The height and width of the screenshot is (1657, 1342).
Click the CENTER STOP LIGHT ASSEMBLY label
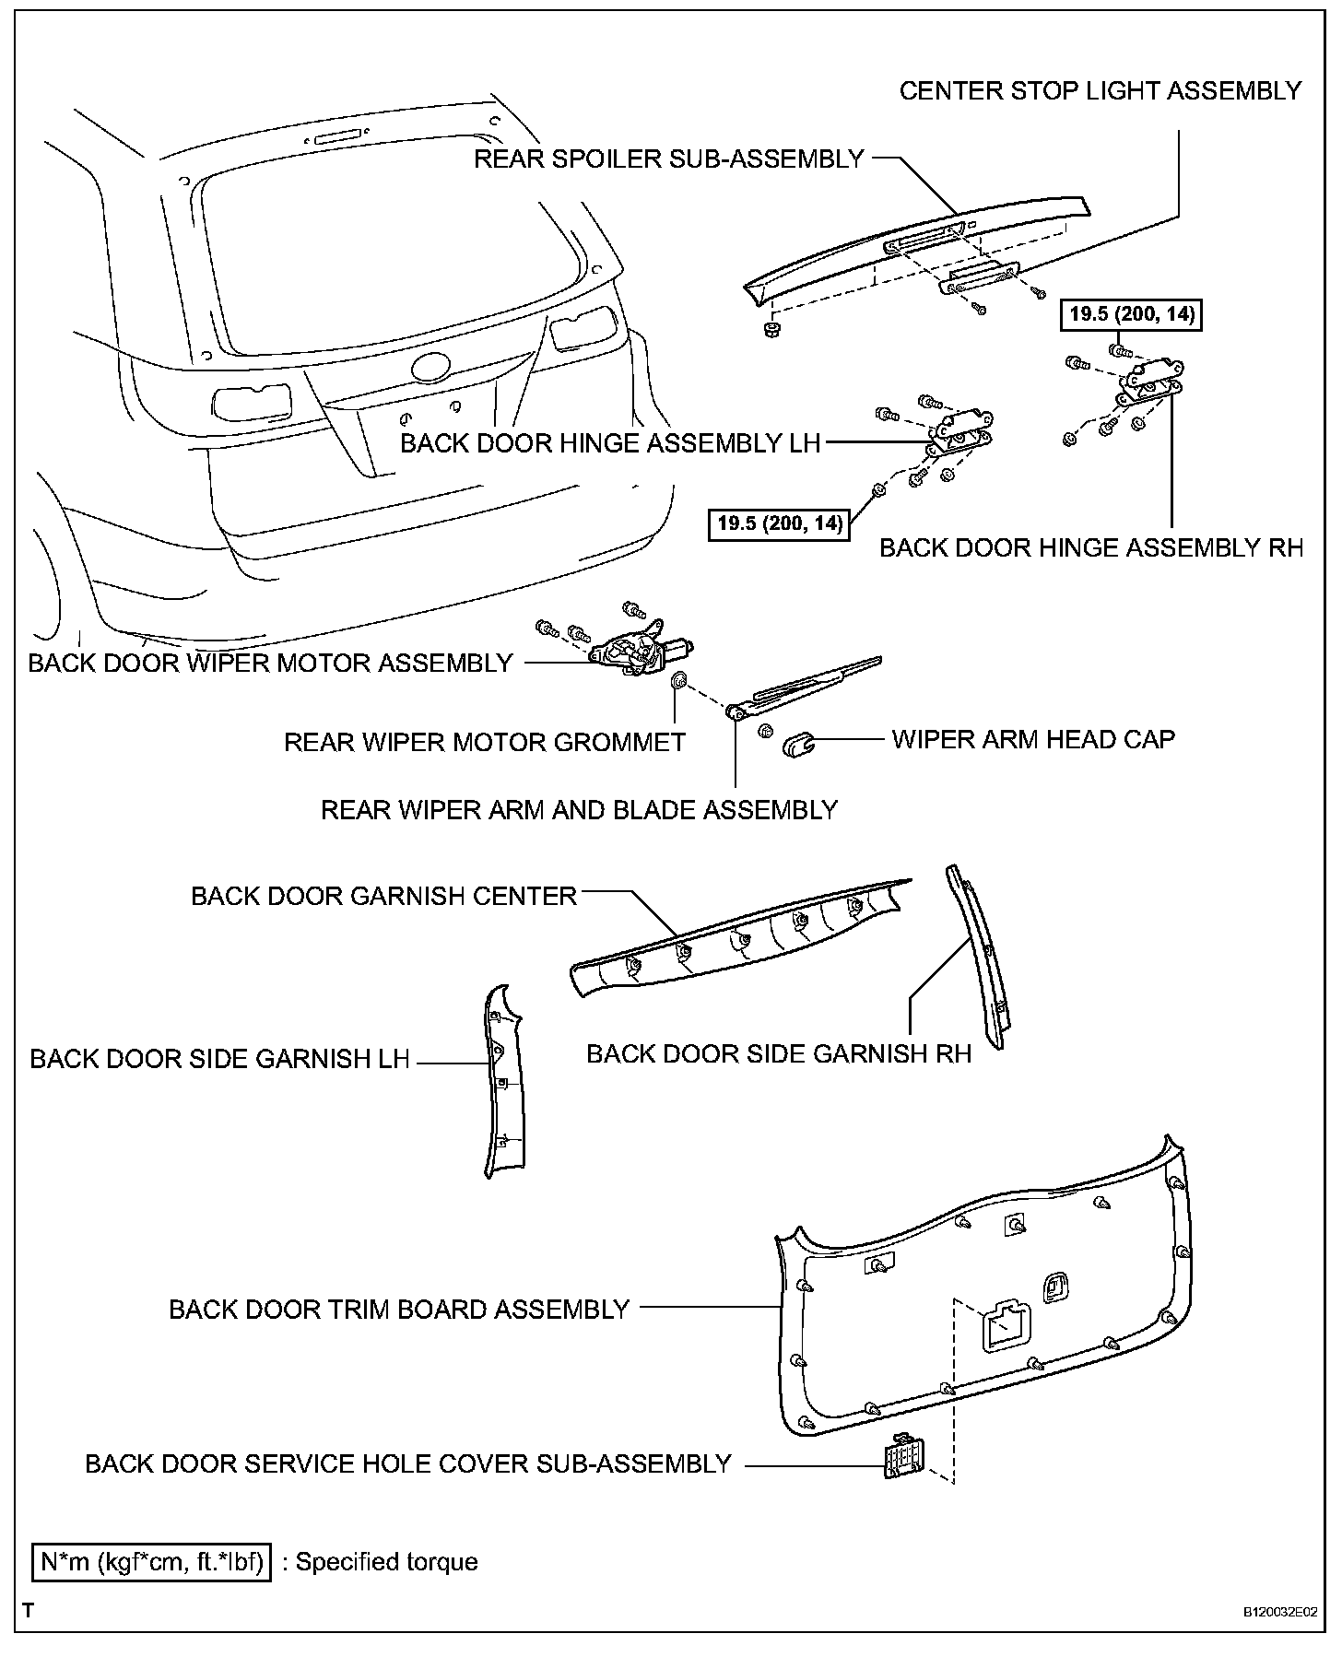click(x=1100, y=90)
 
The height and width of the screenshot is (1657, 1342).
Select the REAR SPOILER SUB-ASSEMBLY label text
click(x=669, y=159)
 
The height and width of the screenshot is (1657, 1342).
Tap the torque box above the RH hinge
click(x=1133, y=314)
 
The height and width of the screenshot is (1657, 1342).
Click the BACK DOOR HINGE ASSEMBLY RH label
click(x=1091, y=547)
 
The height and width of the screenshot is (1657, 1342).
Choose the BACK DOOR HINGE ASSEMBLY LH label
click(x=610, y=443)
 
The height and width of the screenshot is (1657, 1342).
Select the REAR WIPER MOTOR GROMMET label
click(x=485, y=742)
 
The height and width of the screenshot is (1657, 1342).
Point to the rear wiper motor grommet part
click(x=677, y=681)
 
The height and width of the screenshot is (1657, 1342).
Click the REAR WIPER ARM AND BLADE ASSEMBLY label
click(x=579, y=810)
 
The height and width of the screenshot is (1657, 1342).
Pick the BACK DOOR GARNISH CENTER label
click(x=383, y=896)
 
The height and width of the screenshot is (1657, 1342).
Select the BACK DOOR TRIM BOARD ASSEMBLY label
click(x=399, y=1309)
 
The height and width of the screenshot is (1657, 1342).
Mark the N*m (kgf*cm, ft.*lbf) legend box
click(x=152, y=1562)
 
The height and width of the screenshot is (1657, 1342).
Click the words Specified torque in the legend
click(x=387, y=1562)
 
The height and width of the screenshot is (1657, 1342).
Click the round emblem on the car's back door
click(x=429, y=368)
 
